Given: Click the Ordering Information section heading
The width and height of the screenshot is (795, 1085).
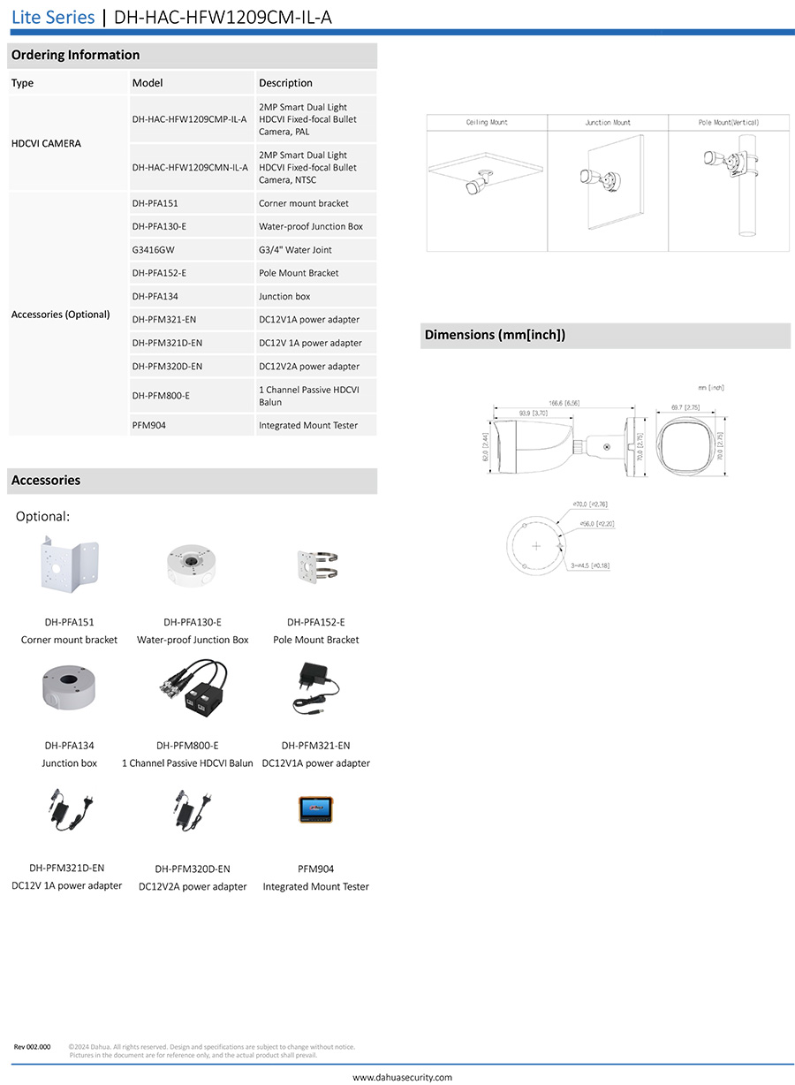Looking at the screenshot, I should [75, 55].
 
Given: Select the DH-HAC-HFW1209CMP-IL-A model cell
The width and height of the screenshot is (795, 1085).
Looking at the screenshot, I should [189, 119].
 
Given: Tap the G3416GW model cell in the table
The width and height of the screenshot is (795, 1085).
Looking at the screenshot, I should [154, 250].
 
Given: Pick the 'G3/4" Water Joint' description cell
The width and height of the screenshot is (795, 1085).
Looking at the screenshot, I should [295, 250].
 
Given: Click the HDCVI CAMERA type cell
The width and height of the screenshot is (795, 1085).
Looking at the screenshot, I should [46, 143].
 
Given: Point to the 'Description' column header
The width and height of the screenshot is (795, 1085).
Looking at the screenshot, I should [285, 83].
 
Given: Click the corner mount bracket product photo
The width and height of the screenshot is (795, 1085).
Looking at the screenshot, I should [69, 566].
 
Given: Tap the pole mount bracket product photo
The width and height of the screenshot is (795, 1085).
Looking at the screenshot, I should [316, 566].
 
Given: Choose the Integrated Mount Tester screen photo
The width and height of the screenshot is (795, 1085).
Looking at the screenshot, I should [315, 809].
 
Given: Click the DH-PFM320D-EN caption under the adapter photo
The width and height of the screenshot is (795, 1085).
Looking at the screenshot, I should [193, 869].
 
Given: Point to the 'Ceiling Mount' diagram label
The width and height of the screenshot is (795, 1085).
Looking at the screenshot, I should [487, 123].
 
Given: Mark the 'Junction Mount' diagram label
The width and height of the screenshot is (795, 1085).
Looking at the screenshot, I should [608, 123].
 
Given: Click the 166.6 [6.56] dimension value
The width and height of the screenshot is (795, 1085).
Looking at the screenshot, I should [563, 403].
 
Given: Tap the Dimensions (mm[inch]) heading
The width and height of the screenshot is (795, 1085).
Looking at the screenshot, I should [495, 335].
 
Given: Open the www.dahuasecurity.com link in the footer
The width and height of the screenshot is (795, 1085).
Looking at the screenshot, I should [402, 1077].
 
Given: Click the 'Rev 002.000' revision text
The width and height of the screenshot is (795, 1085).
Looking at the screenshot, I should [32, 1047].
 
